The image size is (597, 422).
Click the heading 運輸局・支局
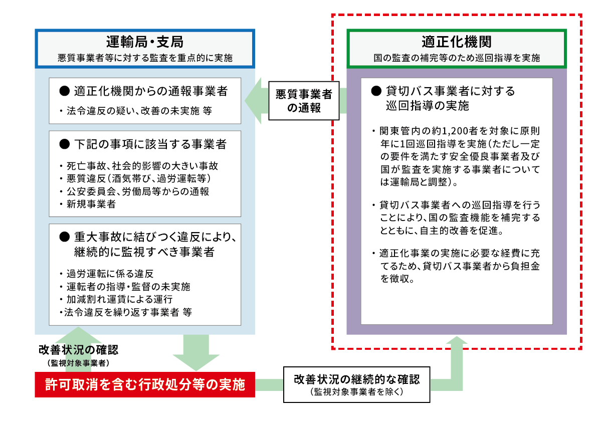click(x=145, y=42)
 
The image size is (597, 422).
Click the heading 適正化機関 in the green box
click(x=457, y=42)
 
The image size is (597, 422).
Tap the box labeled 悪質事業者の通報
click(x=304, y=101)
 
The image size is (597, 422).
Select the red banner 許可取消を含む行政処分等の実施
click(x=145, y=385)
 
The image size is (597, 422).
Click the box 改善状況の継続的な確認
click(x=357, y=384)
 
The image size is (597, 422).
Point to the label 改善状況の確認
click(x=78, y=350)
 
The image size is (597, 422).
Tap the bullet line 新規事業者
click(x=88, y=204)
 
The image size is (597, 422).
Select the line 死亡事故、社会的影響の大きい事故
click(x=139, y=166)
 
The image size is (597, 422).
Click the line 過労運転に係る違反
click(x=107, y=274)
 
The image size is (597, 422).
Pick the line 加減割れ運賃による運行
click(x=116, y=300)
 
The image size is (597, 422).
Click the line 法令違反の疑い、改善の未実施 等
click(x=136, y=111)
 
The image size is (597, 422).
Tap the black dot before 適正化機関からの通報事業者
click(x=65, y=91)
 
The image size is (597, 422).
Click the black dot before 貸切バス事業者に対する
click(x=376, y=91)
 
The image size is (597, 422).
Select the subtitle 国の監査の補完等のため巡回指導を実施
click(x=457, y=58)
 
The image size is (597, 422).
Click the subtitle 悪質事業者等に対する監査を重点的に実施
click(x=145, y=58)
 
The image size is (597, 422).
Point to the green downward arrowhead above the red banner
click(x=196, y=362)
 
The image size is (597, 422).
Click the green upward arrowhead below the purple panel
click(x=457, y=340)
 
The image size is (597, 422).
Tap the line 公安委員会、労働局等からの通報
click(x=134, y=191)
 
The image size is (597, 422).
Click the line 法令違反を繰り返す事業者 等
click(x=126, y=312)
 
